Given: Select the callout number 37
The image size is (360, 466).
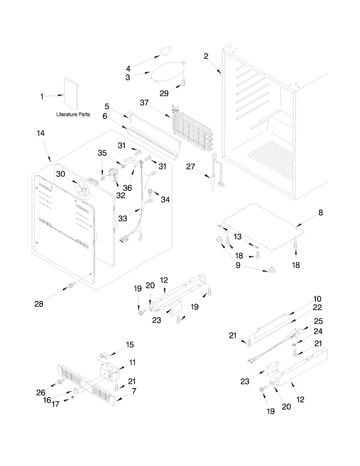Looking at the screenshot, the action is point(144,103).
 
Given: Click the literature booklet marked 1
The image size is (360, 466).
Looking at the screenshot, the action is point(72,94).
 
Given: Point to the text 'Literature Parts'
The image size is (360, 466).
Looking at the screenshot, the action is point(73,114).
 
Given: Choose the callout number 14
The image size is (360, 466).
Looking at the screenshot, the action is point(41,133).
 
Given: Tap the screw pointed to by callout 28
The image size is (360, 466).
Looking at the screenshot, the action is point(71,285).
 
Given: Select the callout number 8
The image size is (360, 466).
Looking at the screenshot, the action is point(321,213).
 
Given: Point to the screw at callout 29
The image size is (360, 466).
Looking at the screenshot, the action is point(184,81).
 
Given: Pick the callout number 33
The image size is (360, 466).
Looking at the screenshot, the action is point(122,219).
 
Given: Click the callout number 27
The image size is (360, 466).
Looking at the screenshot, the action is point(191,167).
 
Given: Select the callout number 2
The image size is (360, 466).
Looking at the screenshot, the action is point(206,56).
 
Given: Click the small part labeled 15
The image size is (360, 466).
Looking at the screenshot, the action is point(104,355).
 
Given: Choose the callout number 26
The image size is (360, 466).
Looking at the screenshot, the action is point(41,392).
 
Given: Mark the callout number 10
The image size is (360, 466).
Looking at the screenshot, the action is point(317,299).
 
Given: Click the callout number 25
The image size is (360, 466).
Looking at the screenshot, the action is point(318,321).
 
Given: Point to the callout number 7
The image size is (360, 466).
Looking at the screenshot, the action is point(134,391).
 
